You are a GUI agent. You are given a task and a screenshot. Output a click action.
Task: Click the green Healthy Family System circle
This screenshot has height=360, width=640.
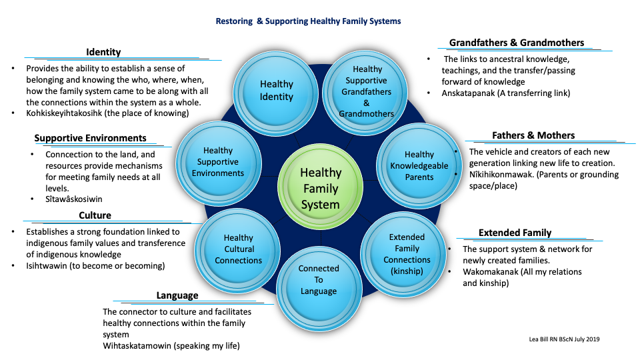pyautogui.click(x=320, y=188)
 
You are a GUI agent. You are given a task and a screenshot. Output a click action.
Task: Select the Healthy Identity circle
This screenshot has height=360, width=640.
pyautogui.click(x=276, y=90)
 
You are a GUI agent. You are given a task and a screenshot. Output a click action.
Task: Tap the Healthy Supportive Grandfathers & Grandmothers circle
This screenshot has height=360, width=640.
pyautogui.click(x=367, y=91)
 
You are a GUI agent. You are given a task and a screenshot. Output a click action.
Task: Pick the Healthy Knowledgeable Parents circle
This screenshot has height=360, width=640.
pyautogui.click(x=419, y=166)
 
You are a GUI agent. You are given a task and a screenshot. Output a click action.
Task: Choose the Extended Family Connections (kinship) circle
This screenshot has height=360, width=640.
pyautogui.click(x=407, y=254)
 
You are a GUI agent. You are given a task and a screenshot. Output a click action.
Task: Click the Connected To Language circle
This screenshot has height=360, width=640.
pyautogui.click(x=319, y=279)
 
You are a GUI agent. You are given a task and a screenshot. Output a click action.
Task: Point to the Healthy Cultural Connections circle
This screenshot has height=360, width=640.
pyautogui.click(x=238, y=249)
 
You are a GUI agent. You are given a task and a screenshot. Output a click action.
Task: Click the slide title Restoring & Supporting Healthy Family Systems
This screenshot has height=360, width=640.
pyautogui.click(x=308, y=21)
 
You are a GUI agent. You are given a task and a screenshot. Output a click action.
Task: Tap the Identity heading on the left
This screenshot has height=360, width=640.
pyautogui.click(x=103, y=53)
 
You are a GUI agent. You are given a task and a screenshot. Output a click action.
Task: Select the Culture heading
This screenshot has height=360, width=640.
pyautogui.click(x=95, y=215)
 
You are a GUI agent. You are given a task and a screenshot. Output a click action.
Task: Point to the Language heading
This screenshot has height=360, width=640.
pyautogui.click(x=177, y=295)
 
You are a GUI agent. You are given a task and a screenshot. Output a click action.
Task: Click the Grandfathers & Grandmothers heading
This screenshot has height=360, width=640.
pyautogui.click(x=516, y=43)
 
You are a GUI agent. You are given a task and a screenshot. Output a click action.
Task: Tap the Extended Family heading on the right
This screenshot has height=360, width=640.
pyautogui.click(x=515, y=233)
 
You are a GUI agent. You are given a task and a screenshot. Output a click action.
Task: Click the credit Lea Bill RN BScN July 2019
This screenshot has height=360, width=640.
pyautogui.click(x=563, y=339)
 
